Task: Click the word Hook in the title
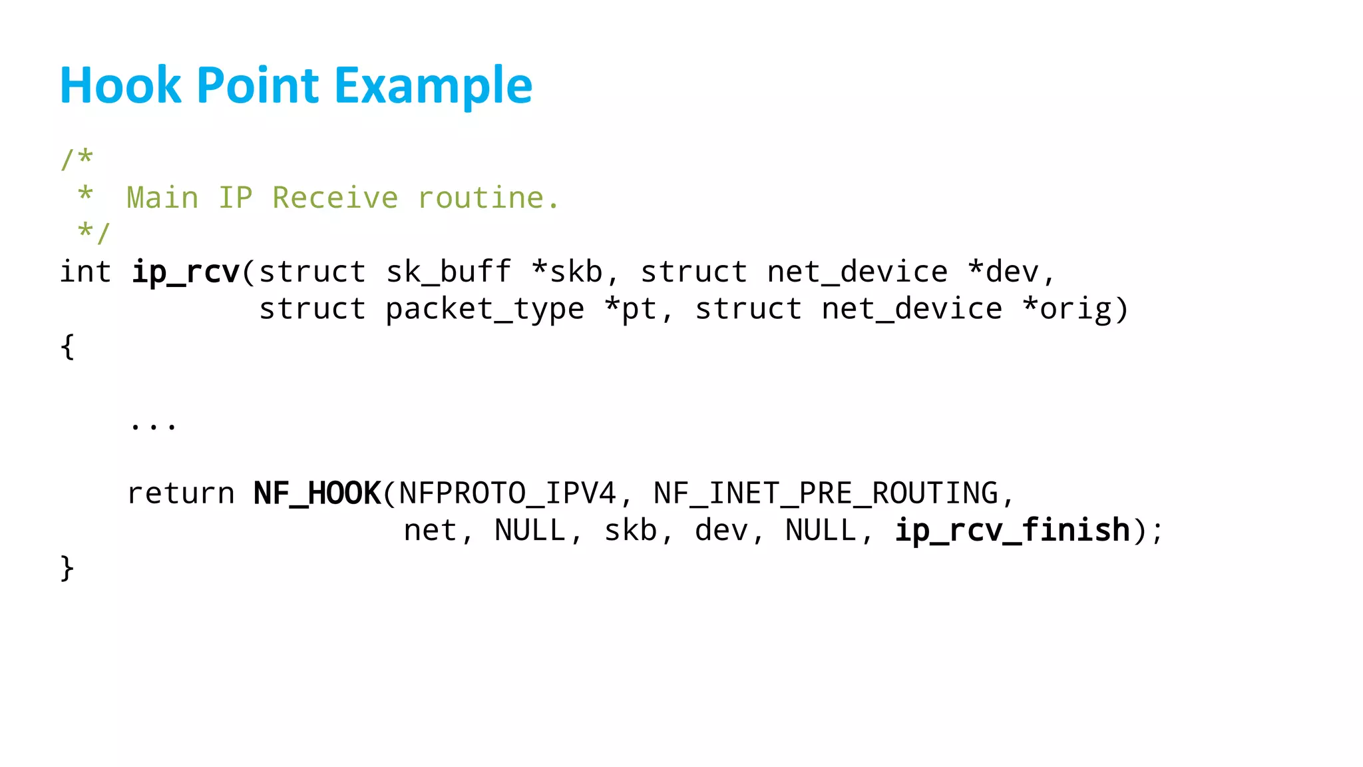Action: (x=120, y=86)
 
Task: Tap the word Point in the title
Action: (x=258, y=86)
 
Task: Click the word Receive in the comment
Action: (x=335, y=198)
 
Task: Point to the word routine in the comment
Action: (x=488, y=198)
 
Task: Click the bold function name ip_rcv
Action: (x=185, y=272)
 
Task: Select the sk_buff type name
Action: (x=449, y=272)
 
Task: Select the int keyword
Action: (x=85, y=272)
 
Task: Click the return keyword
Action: (x=180, y=494)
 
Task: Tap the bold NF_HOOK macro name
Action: (x=317, y=494)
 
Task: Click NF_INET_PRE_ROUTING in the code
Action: (x=826, y=494)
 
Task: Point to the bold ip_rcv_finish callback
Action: (x=1012, y=531)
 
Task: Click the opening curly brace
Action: (x=67, y=347)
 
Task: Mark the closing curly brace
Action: (x=67, y=568)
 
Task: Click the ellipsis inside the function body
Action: (x=153, y=425)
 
